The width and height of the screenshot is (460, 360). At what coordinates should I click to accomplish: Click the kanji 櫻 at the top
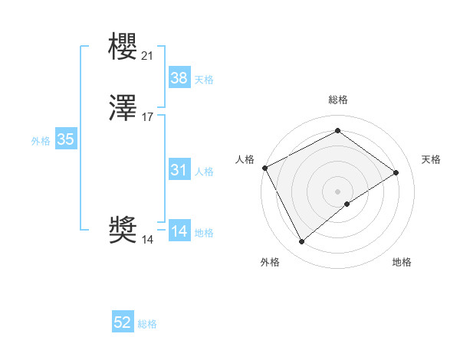(123, 47)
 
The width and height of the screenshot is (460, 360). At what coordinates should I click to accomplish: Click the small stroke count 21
(148, 55)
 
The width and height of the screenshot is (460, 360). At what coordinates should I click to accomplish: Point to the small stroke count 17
(148, 117)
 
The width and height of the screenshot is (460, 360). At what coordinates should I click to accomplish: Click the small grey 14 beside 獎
(148, 240)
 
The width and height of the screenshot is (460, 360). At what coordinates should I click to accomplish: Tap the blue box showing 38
(179, 77)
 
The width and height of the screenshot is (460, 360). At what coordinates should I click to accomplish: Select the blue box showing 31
(179, 170)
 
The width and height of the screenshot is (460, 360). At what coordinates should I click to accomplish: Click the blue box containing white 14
(179, 231)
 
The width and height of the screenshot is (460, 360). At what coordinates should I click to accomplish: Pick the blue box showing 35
(65, 139)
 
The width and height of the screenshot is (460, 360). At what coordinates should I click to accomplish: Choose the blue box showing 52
(123, 323)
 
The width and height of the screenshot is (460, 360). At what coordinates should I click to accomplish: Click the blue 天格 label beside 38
(204, 80)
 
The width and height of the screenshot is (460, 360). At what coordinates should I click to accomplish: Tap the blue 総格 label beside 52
(147, 325)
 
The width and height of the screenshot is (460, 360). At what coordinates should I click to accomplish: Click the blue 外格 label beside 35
(41, 141)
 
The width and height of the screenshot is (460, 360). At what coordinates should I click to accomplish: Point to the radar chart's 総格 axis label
(338, 100)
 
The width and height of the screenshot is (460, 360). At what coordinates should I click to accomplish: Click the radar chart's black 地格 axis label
(402, 262)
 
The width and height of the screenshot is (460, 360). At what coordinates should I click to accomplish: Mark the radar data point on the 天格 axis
(396, 173)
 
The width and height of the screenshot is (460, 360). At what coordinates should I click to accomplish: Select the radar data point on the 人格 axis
(264, 168)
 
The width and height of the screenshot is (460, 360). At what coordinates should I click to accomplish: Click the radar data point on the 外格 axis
(301, 242)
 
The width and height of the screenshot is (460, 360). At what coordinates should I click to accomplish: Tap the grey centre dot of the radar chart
(338, 191)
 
